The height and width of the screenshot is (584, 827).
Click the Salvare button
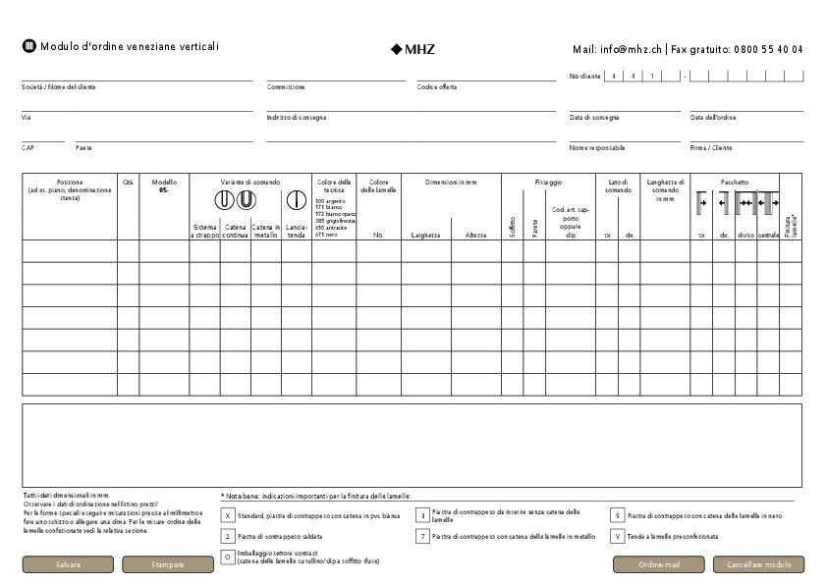coord(68,564)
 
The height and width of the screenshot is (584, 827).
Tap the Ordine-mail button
coord(658,564)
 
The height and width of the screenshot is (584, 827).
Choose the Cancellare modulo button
coord(758,564)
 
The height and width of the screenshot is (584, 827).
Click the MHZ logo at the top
coord(413,48)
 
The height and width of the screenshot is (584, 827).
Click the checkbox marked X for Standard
coord(228,514)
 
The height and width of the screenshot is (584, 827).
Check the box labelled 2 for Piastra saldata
coord(228,536)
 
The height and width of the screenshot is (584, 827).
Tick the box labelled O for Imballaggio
coord(228,557)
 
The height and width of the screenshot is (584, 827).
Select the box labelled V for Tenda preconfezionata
coord(617,536)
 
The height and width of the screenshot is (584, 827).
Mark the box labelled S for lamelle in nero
coord(617,514)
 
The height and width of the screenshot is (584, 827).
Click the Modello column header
coord(164,186)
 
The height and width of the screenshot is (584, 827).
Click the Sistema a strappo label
coord(204,232)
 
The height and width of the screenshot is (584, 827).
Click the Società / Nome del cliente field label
coord(59,87)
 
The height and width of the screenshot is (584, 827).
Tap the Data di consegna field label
coord(594,118)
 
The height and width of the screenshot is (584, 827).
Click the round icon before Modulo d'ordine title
coord(28,46)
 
